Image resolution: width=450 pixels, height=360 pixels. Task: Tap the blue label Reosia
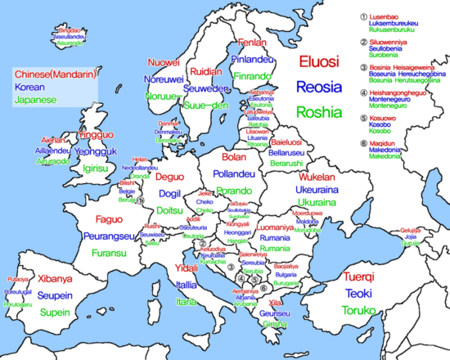[320, 87]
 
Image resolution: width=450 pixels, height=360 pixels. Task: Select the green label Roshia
[318, 112]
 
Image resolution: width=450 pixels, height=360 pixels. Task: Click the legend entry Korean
[28, 87]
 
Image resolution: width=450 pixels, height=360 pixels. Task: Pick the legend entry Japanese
[33, 99]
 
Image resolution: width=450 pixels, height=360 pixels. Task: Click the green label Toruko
[360, 310]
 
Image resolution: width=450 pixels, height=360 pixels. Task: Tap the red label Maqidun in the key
[387, 142]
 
